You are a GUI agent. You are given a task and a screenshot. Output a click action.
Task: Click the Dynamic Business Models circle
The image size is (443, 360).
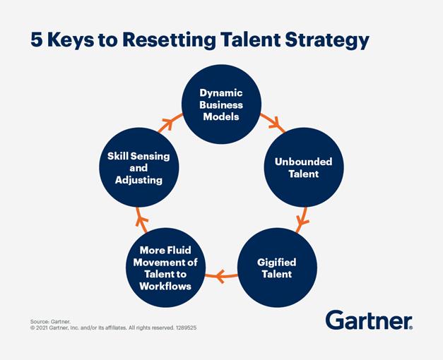(x=221, y=104)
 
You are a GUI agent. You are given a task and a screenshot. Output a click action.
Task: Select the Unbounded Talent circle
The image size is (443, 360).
(x=304, y=167)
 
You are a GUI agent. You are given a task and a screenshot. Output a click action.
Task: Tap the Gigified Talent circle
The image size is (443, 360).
(x=277, y=268)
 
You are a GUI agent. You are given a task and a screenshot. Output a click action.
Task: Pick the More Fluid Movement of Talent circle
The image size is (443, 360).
(x=165, y=268)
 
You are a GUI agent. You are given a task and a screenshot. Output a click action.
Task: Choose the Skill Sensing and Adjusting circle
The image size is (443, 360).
(x=138, y=167)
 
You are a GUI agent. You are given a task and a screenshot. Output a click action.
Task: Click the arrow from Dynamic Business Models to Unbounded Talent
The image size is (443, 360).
(x=273, y=122)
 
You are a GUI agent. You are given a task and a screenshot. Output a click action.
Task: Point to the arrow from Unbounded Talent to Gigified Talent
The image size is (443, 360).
(x=302, y=220)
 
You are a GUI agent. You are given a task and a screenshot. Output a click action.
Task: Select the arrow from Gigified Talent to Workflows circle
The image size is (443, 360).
(x=221, y=276)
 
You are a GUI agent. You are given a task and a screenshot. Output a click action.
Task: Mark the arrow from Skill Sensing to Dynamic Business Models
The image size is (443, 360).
(x=170, y=123)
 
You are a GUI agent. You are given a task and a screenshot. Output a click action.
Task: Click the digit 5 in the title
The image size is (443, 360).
(x=37, y=40)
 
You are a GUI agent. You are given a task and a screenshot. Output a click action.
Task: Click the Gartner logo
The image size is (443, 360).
(x=369, y=320)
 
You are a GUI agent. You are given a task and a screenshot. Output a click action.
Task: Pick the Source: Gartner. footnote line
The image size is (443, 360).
(x=50, y=322)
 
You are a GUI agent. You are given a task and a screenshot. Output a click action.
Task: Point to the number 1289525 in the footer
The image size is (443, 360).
(x=186, y=328)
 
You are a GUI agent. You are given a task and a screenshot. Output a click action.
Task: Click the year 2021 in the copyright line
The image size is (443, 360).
(x=42, y=328)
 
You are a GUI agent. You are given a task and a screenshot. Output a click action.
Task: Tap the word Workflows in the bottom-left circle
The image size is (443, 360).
(x=165, y=287)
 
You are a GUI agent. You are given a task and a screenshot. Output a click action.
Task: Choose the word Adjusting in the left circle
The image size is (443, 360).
(x=138, y=180)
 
